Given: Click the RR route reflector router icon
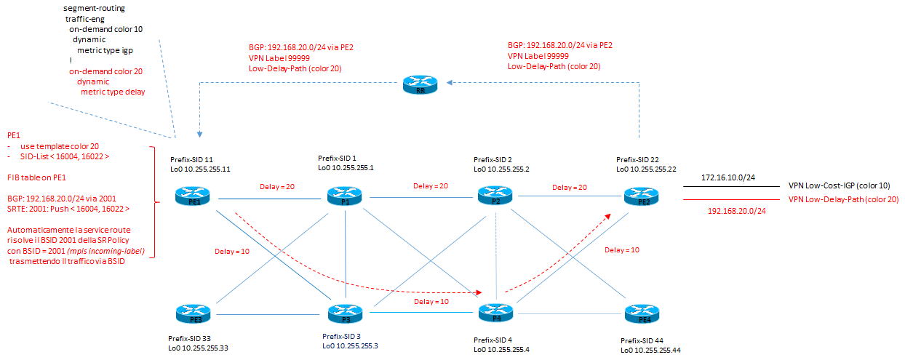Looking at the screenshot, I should click(420, 86).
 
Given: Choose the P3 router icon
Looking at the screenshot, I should click(344, 314).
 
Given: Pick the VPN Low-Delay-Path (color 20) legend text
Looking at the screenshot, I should click(844, 199).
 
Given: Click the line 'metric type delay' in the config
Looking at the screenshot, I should click(113, 92).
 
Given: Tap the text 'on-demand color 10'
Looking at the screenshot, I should click(105, 28).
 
